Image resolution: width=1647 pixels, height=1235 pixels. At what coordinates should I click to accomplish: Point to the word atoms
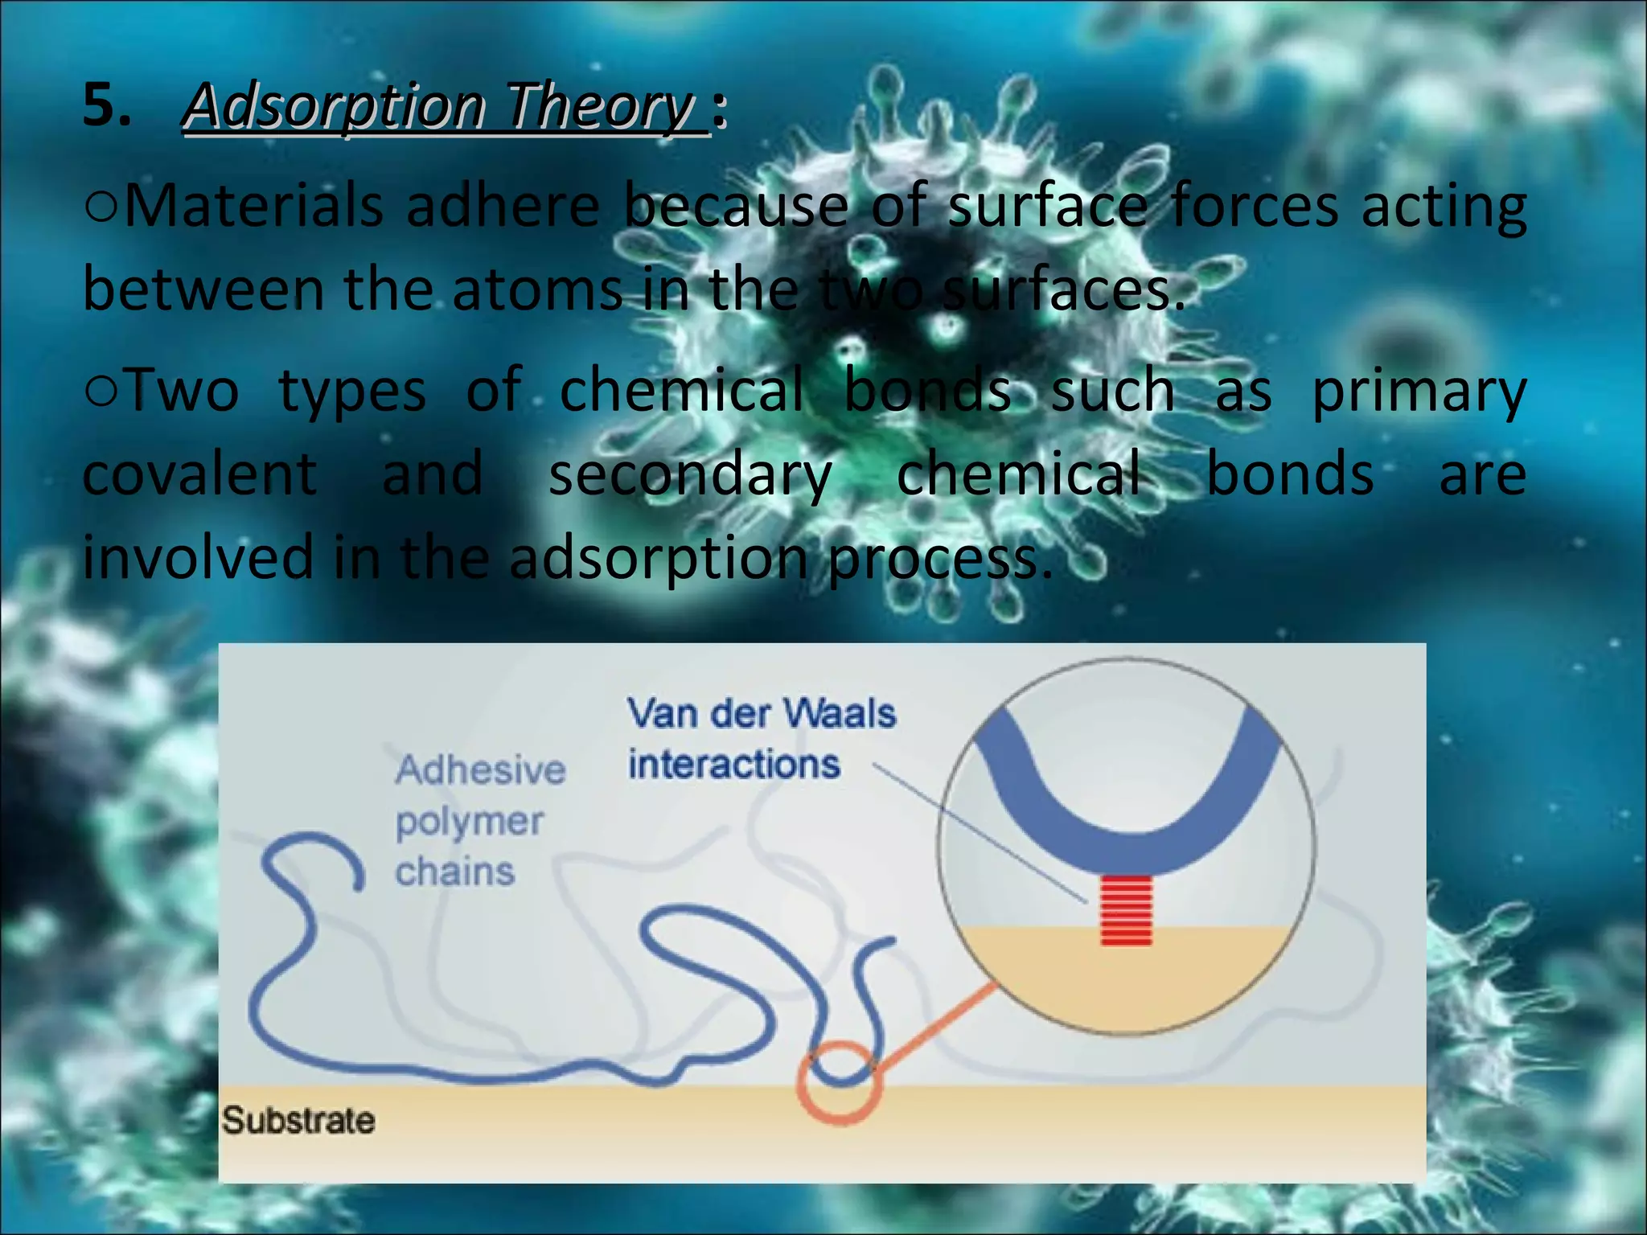(537, 290)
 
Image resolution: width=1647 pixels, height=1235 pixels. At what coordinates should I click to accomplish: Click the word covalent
(200, 474)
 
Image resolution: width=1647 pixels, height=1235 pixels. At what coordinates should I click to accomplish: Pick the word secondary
(690, 475)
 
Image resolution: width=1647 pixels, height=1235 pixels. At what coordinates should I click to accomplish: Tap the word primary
(1419, 392)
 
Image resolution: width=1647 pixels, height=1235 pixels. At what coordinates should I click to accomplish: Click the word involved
(198, 558)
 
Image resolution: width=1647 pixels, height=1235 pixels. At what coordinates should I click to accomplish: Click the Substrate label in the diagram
(298, 1121)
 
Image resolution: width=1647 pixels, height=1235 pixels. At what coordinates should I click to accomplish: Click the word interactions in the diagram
(733, 765)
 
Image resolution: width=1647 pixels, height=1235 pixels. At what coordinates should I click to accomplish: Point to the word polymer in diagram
(470, 822)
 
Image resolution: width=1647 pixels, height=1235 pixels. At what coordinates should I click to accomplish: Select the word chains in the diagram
(455, 872)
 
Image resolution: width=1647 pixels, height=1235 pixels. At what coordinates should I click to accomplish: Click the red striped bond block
(1126, 911)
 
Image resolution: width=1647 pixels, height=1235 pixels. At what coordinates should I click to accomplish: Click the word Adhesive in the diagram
(480, 770)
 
